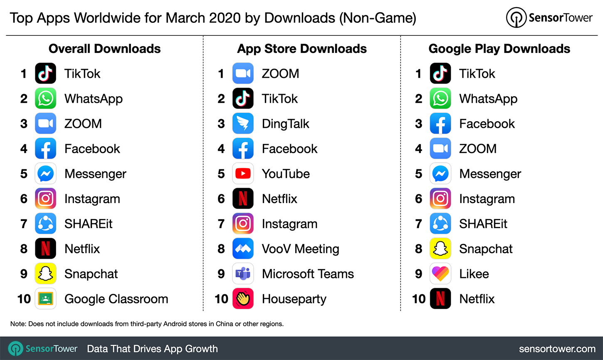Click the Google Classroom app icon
45,299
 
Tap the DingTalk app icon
243,124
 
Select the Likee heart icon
440,274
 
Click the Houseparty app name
294,299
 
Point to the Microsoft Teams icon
243,274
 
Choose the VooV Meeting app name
300,249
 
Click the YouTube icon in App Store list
243,174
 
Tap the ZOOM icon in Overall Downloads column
45,124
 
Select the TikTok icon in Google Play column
440,74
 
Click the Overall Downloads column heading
104,49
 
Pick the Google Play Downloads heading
499,49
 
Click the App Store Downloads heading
301,49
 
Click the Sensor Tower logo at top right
549,17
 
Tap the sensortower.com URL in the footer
557,349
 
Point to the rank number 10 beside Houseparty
221,299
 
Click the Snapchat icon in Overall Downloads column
45,274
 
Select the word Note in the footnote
18,324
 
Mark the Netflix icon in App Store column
243,199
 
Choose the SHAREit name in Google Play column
483,224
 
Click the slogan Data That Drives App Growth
152,349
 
